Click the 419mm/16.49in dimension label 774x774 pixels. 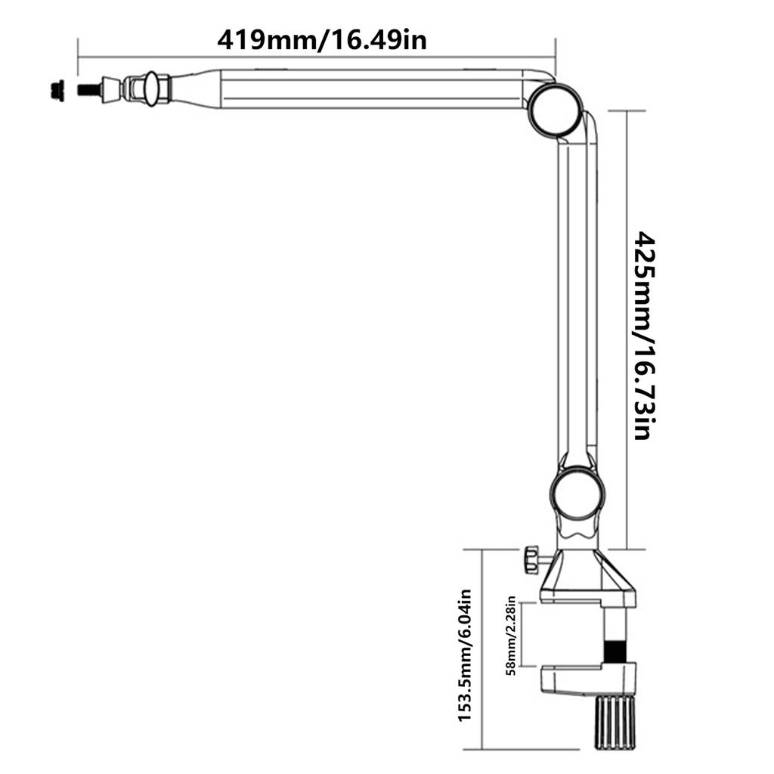(x=321, y=39)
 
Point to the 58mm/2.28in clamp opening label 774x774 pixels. (x=512, y=635)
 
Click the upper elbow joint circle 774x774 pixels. (x=556, y=110)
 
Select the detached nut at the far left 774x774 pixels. (x=54, y=89)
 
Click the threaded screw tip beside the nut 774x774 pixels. (x=88, y=89)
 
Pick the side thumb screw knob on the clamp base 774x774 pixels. (x=531, y=560)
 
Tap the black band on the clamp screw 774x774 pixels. (x=616, y=650)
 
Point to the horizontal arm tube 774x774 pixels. (x=370, y=89)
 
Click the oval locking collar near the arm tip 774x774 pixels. (x=150, y=88)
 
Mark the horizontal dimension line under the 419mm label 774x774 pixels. (x=317, y=55)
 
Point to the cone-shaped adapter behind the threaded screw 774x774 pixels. (x=111, y=88)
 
